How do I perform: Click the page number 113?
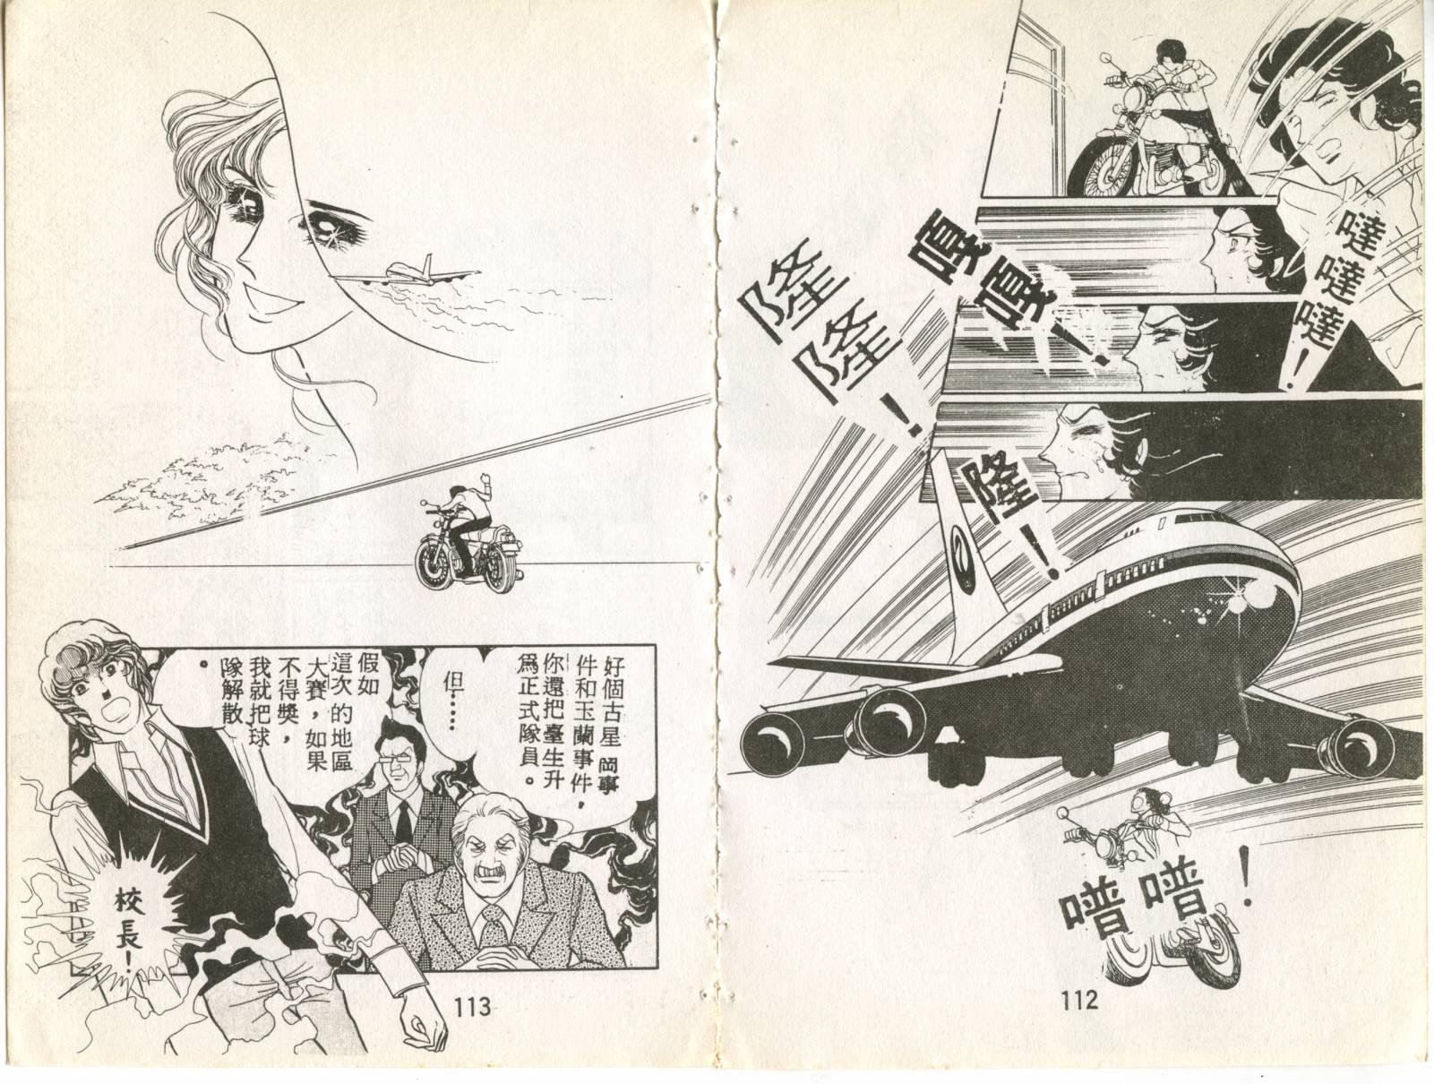coord(472,1005)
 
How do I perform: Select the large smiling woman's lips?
coord(273,304)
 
